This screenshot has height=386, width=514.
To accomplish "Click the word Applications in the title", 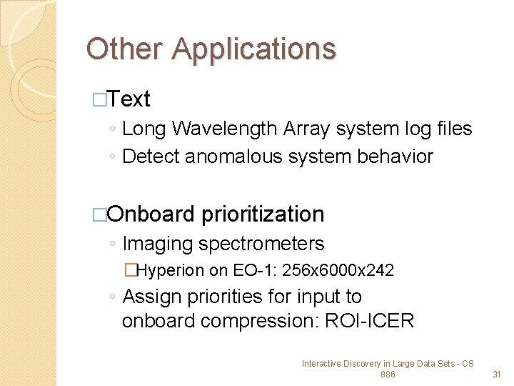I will point(253,50).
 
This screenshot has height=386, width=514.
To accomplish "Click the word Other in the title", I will point(126,49).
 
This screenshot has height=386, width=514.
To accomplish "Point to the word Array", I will point(307,129).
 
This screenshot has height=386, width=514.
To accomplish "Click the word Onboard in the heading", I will point(152,214).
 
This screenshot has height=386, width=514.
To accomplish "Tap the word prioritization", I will point(263,214).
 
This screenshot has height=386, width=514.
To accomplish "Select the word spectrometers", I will point(261,244).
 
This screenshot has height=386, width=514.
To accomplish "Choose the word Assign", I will point(153,296).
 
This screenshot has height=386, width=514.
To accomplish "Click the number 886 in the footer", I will point(388,374).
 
